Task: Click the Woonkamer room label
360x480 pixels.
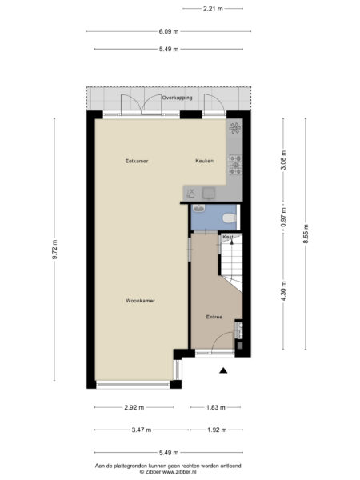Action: click(x=139, y=301)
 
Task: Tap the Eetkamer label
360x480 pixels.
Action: click(x=137, y=161)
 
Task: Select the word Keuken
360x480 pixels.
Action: click(x=205, y=161)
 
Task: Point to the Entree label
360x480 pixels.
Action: click(x=214, y=317)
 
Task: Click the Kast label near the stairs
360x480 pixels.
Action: click(x=228, y=238)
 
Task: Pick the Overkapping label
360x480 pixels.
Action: click(x=175, y=98)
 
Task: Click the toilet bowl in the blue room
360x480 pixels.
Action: click(x=227, y=217)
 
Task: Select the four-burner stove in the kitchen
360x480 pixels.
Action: click(x=235, y=164)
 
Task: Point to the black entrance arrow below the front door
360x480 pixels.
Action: click(x=224, y=370)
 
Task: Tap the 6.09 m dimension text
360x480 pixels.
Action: click(x=168, y=31)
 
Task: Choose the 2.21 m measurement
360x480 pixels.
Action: click(x=212, y=9)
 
